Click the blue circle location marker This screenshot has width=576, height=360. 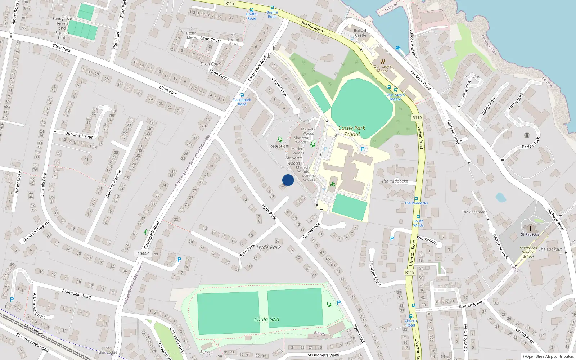(x=288, y=180)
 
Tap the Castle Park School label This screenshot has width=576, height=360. (x=352, y=131)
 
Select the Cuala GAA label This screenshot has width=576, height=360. (x=266, y=319)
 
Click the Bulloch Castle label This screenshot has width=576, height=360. (x=360, y=33)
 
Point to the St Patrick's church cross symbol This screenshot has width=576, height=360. (x=530, y=228)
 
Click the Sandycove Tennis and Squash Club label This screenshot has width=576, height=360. (x=62, y=28)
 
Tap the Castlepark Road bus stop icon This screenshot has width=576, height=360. (x=242, y=95)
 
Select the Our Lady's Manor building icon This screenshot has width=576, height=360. (x=382, y=61)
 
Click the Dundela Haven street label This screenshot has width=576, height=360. (x=79, y=135)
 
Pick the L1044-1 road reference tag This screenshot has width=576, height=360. (x=143, y=253)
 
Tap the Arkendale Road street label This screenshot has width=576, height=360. (x=76, y=294)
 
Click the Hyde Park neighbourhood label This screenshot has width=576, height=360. (x=269, y=247)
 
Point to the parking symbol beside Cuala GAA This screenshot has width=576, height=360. (x=338, y=303)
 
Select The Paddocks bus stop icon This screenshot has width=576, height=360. (x=416, y=198)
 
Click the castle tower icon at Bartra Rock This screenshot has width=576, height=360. (x=527, y=135)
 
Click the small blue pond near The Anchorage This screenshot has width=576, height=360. (x=500, y=197)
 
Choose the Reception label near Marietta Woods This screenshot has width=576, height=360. (x=279, y=146)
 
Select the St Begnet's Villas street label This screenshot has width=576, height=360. (x=323, y=355)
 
